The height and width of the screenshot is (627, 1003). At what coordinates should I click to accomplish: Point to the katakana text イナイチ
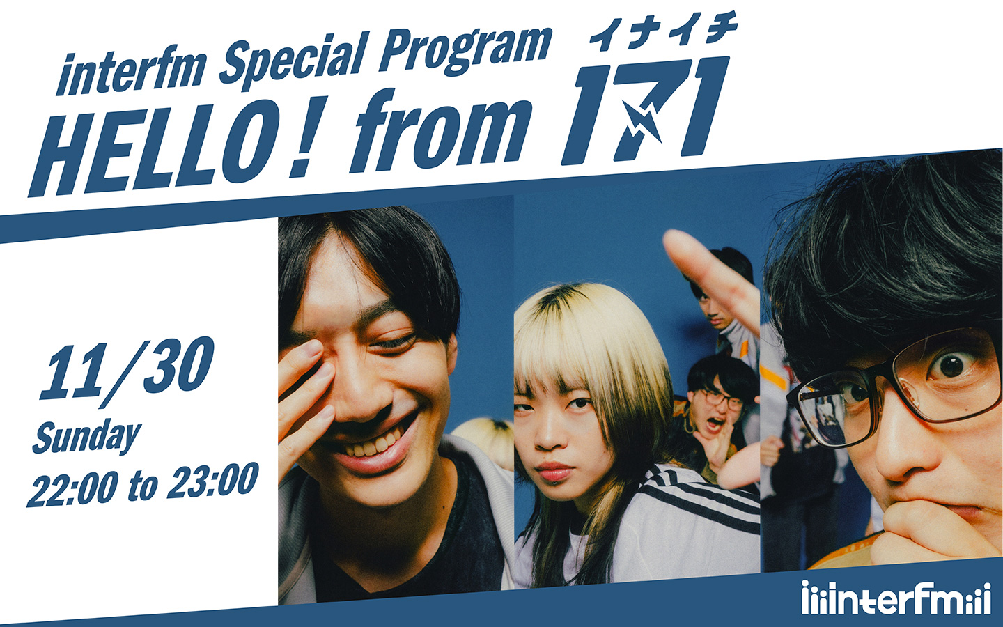pos(662,31)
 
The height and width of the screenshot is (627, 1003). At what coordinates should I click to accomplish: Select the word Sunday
pos(86,436)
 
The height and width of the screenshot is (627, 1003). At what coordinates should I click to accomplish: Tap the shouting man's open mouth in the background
pos(711,423)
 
